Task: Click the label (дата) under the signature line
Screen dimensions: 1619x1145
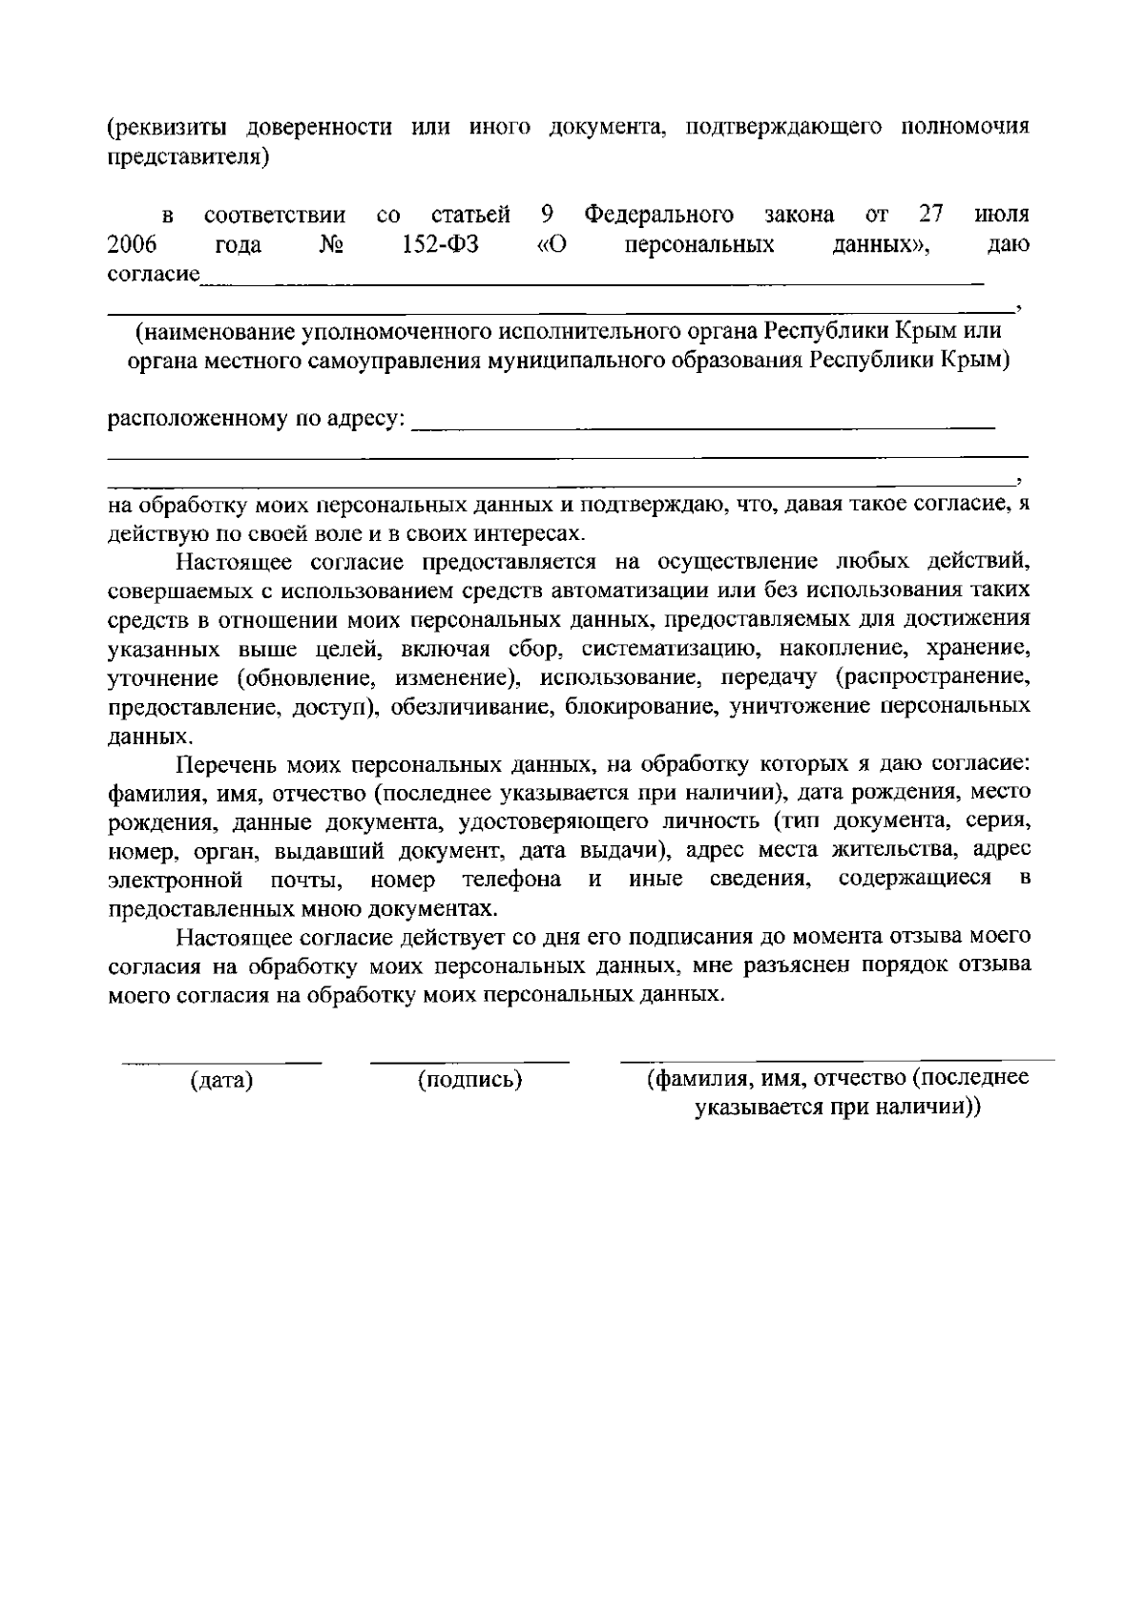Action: point(221,1081)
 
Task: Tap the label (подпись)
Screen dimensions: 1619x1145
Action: point(469,1080)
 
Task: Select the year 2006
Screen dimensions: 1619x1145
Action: point(132,245)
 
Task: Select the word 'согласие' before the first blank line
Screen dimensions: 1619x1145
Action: point(153,276)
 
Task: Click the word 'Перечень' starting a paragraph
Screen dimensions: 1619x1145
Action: point(222,763)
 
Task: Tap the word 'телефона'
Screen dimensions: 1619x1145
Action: point(510,878)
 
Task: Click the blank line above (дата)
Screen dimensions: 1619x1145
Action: point(221,1060)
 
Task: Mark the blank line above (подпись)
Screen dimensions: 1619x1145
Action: point(469,1060)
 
